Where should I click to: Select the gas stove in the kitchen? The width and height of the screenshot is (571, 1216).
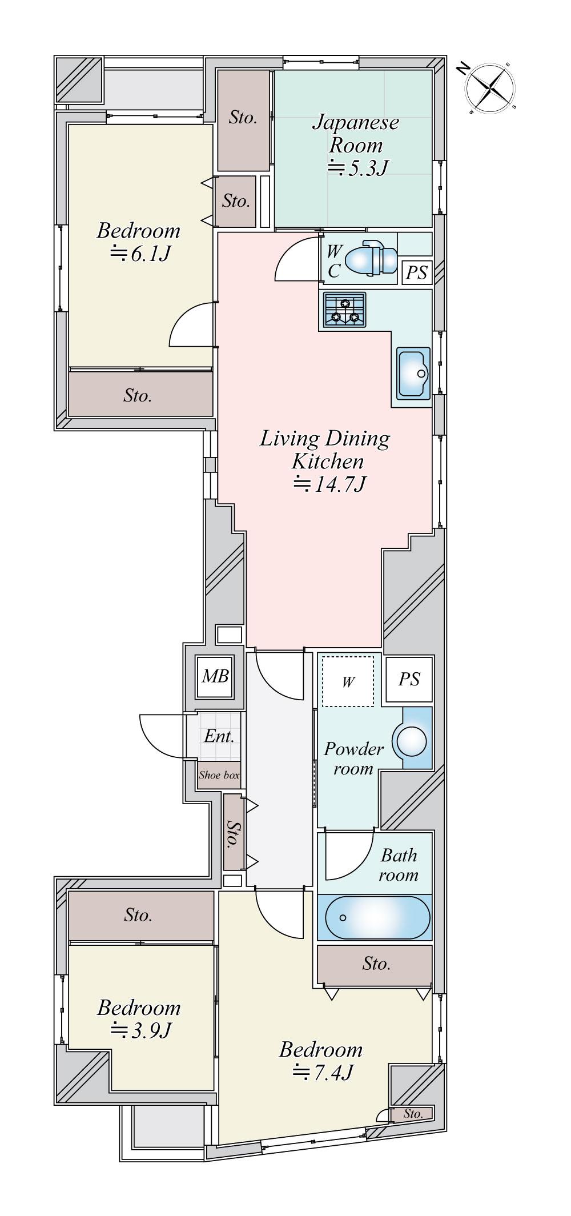pos(345,310)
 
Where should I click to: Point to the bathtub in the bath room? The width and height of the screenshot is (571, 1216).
pos(377,917)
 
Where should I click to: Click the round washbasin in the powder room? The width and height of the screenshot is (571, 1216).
pos(412,741)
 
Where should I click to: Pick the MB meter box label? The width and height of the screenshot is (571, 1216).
pos(215,676)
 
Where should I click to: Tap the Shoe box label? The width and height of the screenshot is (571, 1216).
pos(219,775)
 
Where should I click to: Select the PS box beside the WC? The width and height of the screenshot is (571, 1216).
pos(416,272)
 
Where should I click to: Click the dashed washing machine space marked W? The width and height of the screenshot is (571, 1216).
pos(348,681)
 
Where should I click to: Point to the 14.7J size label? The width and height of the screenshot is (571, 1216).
pos(329,484)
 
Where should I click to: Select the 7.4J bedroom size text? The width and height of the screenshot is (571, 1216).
pos(323,1073)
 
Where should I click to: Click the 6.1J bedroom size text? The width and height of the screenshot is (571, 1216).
pos(140,253)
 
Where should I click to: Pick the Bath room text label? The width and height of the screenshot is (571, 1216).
pos(399,865)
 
